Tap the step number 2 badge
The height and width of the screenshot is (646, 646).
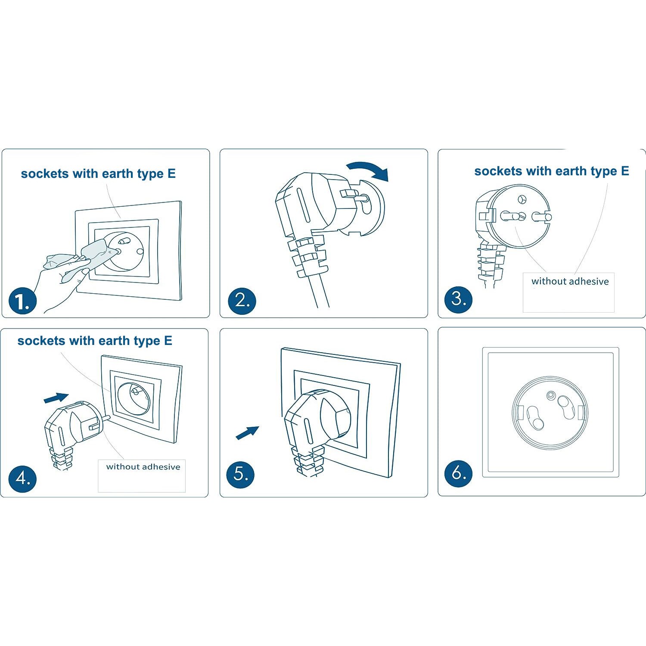tap(242, 300)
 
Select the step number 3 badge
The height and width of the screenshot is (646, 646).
tap(458, 299)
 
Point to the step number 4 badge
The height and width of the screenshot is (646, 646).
tap(22, 478)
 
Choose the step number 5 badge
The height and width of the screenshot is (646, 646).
tap(240, 474)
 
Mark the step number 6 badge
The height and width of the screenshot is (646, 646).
tap(458, 473)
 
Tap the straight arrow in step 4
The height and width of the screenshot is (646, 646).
tap(56, 398)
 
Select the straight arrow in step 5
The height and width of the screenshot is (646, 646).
tap(247, 432)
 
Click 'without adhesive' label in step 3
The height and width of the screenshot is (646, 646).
tap(570, 282)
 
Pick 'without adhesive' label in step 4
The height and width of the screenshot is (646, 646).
tap(143, 467)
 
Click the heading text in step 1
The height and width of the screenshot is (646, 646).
tap(98, 174)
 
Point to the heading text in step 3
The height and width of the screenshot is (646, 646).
tap(551, 171)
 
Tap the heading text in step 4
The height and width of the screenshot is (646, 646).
tap(95, 341)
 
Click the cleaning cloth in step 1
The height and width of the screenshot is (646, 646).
tap(93, 254)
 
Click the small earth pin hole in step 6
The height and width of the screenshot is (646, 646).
tap(550, 395)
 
